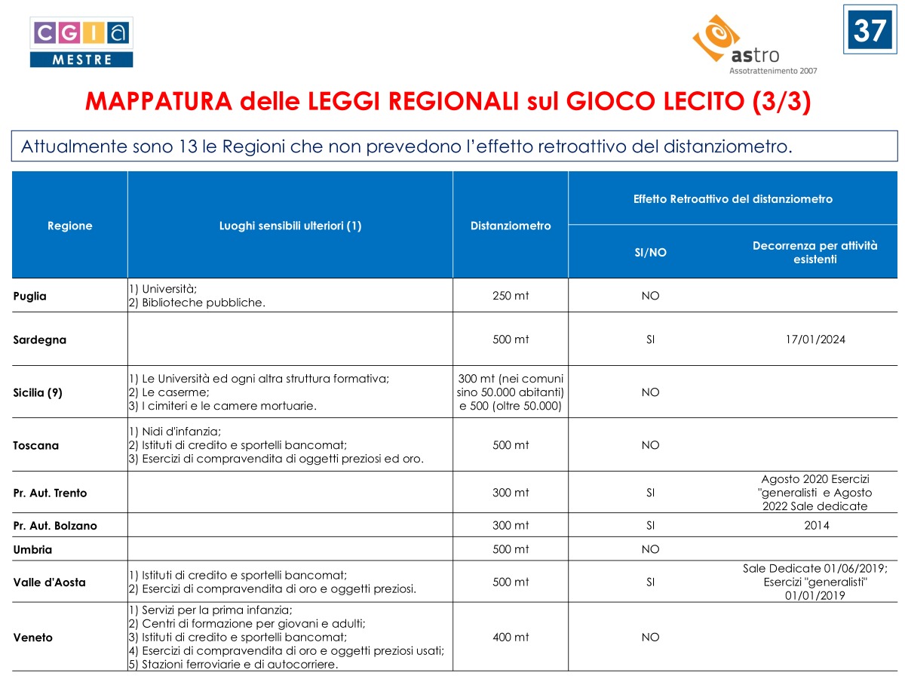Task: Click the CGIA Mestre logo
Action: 81,42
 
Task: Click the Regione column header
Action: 69,226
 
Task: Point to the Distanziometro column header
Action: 511,226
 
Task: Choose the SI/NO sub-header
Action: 650,253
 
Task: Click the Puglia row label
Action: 30,296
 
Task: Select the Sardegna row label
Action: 40,339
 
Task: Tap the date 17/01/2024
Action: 814,339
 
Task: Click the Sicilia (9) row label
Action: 38,392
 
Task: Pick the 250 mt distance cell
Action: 511,296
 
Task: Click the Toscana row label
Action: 35,445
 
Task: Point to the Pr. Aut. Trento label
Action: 50,493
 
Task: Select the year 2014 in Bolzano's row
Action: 816,525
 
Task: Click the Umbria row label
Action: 32,549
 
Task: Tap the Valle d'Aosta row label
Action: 50,582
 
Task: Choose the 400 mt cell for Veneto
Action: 511,638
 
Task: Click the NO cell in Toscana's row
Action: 650,445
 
